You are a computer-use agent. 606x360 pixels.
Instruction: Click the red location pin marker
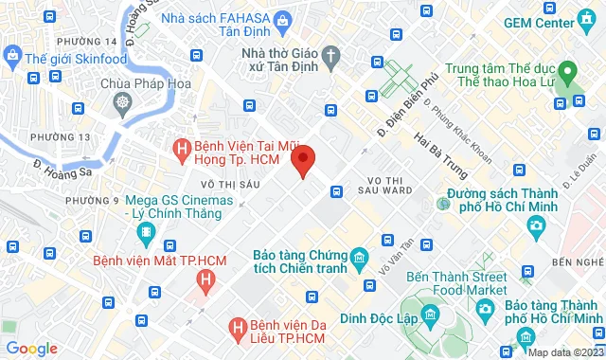303,160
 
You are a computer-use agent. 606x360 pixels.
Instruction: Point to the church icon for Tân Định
329,57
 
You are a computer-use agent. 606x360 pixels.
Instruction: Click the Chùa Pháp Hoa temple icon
122,101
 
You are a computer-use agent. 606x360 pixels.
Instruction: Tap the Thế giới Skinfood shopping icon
12,59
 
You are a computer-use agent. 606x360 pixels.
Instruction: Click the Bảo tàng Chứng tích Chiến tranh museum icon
358,257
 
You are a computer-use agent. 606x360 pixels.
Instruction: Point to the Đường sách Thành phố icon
443,203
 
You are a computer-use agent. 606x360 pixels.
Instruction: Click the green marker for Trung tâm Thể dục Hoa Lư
568,71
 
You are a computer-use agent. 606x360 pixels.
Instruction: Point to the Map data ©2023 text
564,352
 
